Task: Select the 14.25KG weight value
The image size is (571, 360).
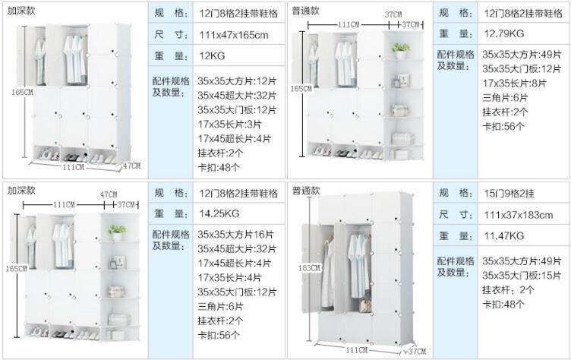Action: [219, 213]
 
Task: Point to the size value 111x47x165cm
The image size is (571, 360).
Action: [234, 35]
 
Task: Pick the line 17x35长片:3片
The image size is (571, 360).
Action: [230, 124]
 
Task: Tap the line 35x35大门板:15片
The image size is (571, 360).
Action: [522, 275]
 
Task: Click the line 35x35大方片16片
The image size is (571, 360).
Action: [229, 235]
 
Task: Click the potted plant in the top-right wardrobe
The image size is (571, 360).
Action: [401, 50]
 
